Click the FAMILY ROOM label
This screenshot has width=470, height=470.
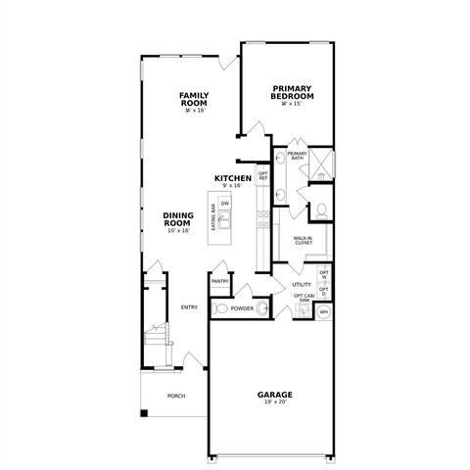coord(194,98)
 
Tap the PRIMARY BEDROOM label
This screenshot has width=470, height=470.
coord(293,92)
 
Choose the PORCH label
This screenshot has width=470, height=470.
coord(175,396)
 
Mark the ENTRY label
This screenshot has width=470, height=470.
coord(189,306)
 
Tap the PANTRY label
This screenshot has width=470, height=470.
coord(219,282)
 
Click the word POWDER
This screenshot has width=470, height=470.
coord(242,308)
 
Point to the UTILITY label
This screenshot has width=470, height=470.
coord(301,285)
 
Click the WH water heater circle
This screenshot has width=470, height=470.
coord(323,311)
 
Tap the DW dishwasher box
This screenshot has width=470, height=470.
coord(225,203)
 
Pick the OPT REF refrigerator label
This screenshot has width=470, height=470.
coord(262,176)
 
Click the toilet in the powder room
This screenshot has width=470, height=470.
coord(220,308)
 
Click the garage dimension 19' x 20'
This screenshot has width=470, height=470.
coord(275,401)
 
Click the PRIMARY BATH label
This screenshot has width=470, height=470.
coord(298,156)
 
